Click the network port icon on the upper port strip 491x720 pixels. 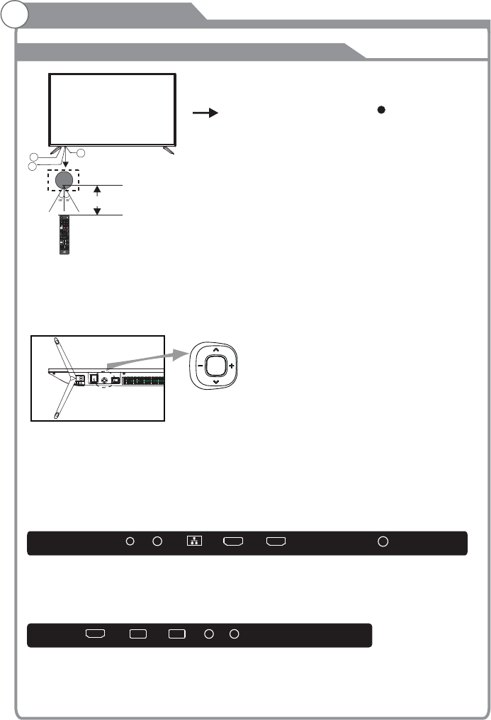pos(193,542)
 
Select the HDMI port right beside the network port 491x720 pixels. pos(234,542)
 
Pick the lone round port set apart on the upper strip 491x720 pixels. pos(383,542)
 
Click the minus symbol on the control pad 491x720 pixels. pos(201,366)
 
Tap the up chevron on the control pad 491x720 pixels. pos(216,349)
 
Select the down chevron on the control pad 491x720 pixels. pos(216,383)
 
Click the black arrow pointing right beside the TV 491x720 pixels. pos(204,113)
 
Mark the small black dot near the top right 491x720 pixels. pos(380,111)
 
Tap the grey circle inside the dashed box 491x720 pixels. pos(64,179)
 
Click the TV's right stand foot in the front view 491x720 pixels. pos(169,150)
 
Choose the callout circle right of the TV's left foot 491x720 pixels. pos(80,153)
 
